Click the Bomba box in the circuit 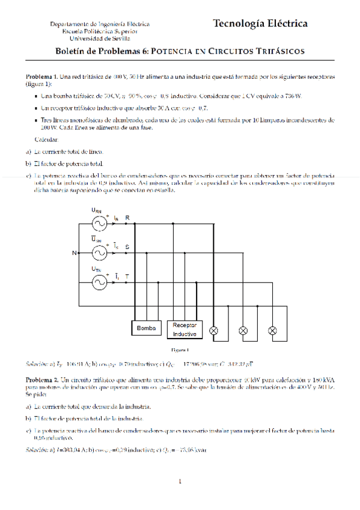pos(146,328)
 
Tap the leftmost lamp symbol pos(214,331)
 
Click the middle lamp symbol pos(243,331)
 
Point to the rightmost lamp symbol pos(272,331)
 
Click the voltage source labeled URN pos(98,223)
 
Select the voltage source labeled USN pos(98,253)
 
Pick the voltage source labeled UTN pos(98,282)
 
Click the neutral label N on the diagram pos(75,253)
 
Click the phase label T pos(127,276)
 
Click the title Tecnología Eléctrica pos(260,24)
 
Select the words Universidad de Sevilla pos(99,38)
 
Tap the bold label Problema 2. pos(41,381)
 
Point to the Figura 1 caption pos(180,349)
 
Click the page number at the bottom pos(180,482)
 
